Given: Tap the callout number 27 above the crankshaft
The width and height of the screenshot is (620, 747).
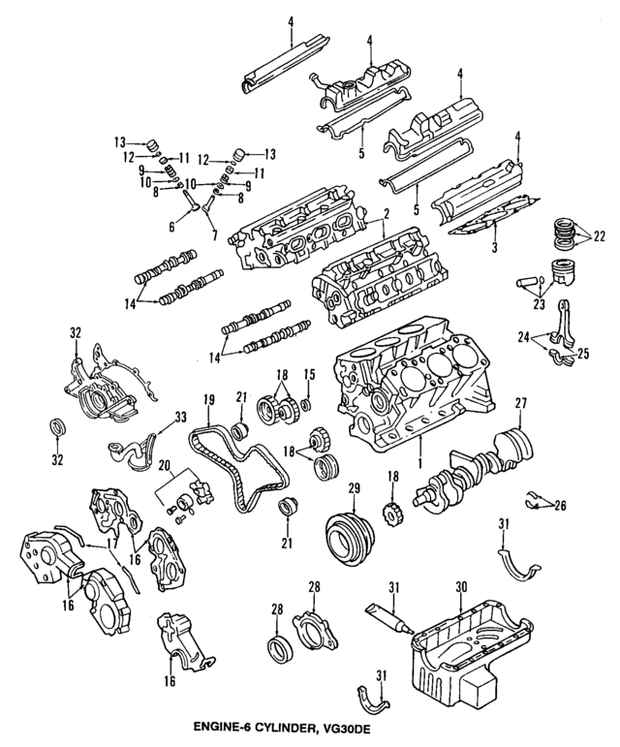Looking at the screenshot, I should pyautogui.click(x=519, y=404).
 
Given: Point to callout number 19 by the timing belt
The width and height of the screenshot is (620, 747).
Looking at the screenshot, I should pyautogui.click(x=208, y=400).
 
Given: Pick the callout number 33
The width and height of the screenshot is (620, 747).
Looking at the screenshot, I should pyautogui.click(x=180, y=419).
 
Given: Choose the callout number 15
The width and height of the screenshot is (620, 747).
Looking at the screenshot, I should pyautogui.click(x=310, y=375).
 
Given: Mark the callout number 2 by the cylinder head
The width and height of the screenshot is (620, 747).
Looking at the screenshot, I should pyautogui.click(x=386, y=214).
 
